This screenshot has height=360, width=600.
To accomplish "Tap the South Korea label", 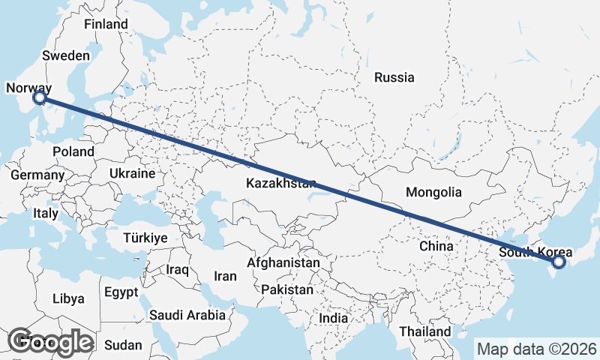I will [535, 252].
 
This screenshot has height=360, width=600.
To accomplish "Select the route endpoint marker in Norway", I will [40, 97].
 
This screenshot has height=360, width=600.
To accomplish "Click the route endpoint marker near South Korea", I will [558, 262].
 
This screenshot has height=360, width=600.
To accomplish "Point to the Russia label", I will [394, 77].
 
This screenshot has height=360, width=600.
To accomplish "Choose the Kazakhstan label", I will [281, 183].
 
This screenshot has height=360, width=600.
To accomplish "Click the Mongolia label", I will [433, 192].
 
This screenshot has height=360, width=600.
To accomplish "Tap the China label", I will [436, 246].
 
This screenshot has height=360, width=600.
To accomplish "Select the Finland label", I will [106, 24].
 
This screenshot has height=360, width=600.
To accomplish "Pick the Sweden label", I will [66, 55].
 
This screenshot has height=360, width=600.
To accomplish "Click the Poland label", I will [73, 151].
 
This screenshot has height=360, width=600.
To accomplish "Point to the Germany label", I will [37, 175].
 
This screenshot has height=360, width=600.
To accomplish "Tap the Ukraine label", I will [132, 172].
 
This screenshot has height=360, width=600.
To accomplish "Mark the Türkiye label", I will [145, 238].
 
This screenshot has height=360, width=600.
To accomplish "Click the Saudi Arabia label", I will [187, 315].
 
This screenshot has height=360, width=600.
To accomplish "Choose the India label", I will [333, 318].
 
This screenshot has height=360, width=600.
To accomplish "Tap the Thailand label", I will [425, 331].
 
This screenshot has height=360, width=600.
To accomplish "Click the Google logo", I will [50, 341].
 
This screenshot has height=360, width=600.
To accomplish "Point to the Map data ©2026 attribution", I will [537, 349].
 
